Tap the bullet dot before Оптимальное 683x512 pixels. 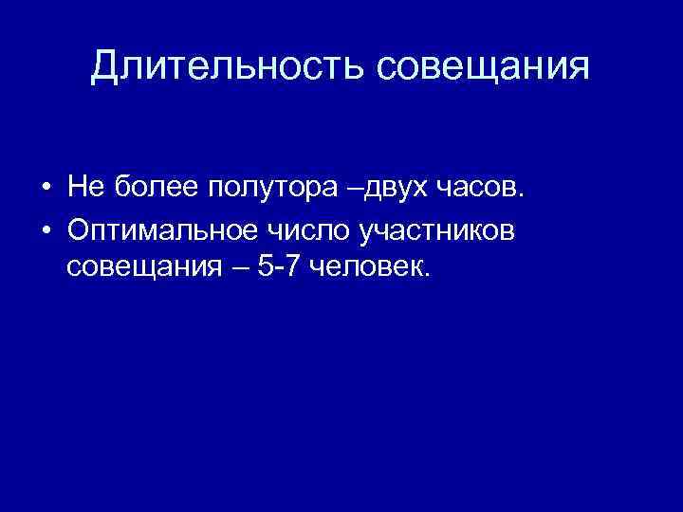point(46,229)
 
